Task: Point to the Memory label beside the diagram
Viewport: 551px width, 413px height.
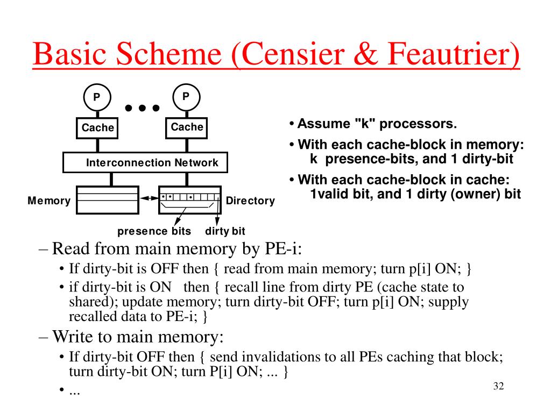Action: point(49,201)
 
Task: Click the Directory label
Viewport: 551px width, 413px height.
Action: point(250,201)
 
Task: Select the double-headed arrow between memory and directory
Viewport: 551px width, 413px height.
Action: point(149,198)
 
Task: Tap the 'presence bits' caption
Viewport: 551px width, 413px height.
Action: point(154,231)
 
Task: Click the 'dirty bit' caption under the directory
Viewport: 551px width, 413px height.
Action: point(225,231)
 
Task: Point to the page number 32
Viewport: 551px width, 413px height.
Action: point(499,386)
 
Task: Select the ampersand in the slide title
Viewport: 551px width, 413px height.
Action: point(366,54)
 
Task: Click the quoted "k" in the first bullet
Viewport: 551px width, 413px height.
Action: point(365,123)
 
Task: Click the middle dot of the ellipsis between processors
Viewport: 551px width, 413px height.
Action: point(142,108)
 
